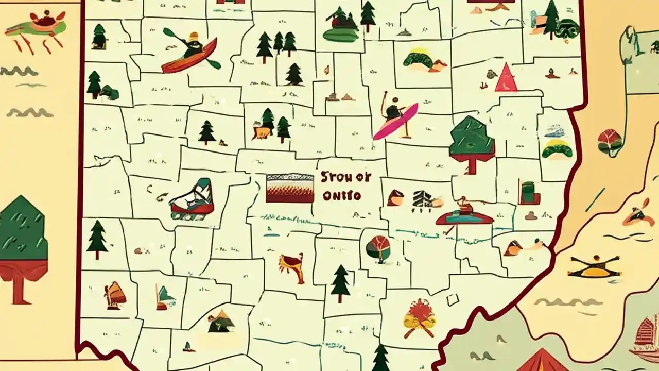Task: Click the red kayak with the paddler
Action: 189,54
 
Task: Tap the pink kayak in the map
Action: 395,122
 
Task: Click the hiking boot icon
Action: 193,200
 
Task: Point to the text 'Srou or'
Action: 345,177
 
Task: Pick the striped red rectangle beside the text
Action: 290,188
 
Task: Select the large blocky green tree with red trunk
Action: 472,143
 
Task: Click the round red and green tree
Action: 378,249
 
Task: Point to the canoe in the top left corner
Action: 36,26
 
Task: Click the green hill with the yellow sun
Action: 418,59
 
